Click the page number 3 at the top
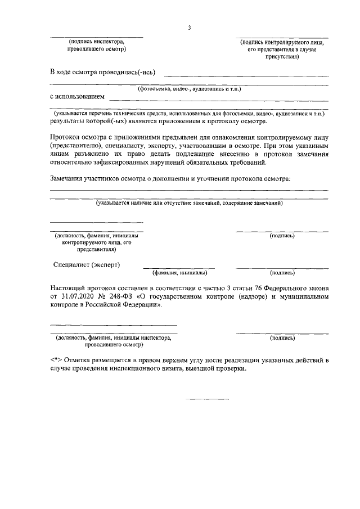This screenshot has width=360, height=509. pos(190,28)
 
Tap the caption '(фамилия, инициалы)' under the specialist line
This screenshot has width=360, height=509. pos(180,273)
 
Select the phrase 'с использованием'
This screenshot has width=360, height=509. pos(77,96)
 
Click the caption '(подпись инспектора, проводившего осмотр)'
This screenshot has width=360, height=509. pos(96,46)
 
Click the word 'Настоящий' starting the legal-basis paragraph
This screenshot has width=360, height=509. pos(70,287)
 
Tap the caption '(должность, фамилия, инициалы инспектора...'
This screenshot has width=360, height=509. pos(112,341)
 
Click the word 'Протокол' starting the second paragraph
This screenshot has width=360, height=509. pos(66,137)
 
